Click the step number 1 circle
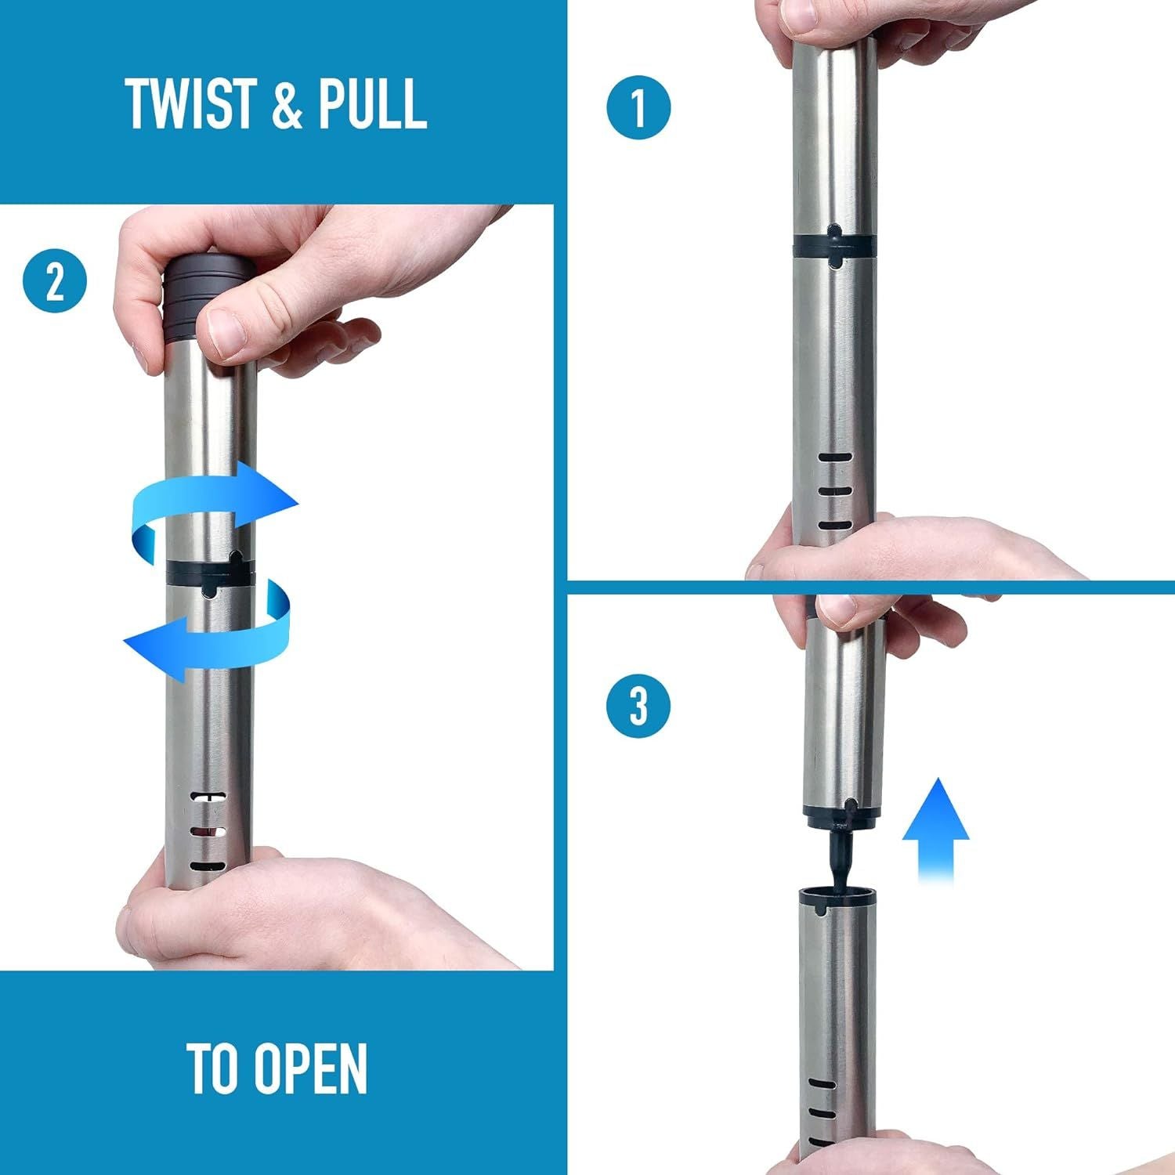[x=639, y=107]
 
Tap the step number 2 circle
[x=55, y=282]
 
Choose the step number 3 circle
[x=638, y=705]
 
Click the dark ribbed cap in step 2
[x=208, y=298]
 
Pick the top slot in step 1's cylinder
[x=834, y=457]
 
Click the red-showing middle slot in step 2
[x=208, y=830]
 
